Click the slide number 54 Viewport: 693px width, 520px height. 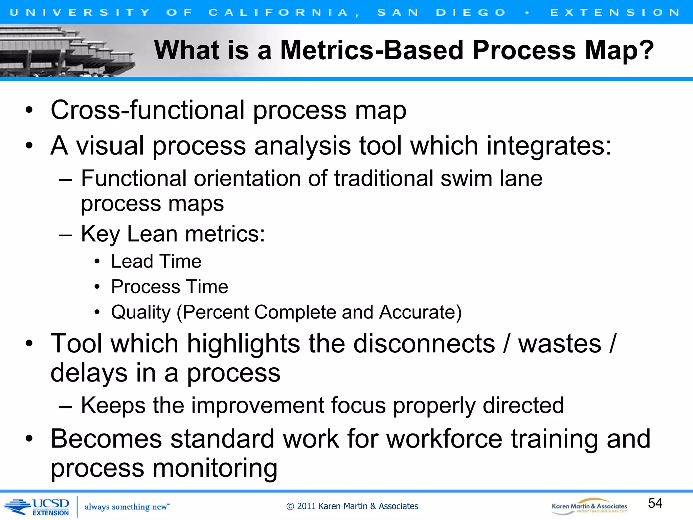655,503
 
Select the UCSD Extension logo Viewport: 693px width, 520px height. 37,506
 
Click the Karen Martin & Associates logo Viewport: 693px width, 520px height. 589,507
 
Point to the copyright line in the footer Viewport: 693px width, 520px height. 352,506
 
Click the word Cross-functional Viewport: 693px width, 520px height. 148,110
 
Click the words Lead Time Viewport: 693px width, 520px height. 156,261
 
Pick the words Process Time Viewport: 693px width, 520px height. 170,287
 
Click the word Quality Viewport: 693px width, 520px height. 141,312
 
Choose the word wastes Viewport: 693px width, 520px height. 560,344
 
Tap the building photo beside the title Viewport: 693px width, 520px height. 68,51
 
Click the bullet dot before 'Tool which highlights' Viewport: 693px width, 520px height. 29,343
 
